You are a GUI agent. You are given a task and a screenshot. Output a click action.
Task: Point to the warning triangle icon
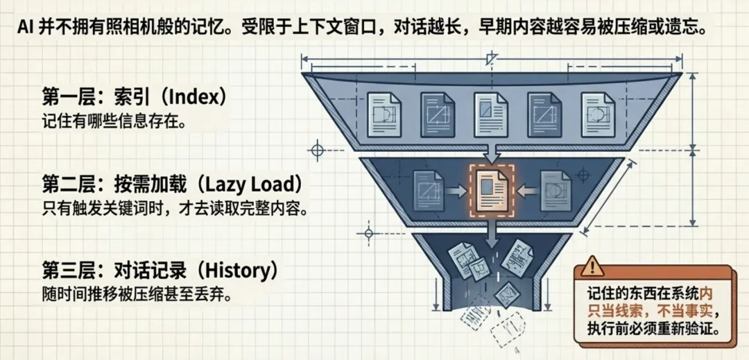(x=592, y=266)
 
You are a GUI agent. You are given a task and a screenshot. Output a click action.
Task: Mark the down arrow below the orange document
(x=491, y=232)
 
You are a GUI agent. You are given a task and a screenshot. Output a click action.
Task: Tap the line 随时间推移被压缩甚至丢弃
(x=136, y=293)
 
